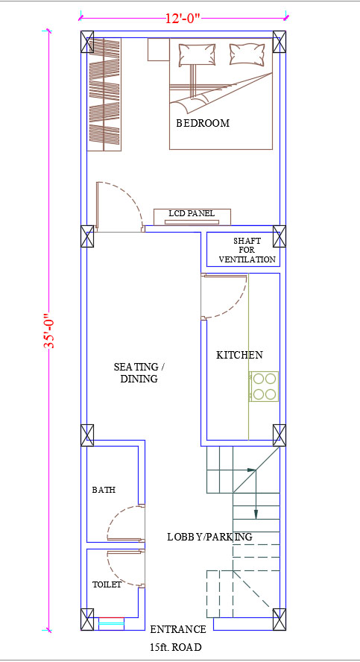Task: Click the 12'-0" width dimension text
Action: pos(183,19)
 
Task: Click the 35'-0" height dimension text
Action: pos(49,331)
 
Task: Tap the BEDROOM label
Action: pos(203,123)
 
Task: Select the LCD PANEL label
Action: pos(192,213)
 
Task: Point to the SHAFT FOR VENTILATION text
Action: pos(247,250)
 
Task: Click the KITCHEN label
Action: pos(239,355)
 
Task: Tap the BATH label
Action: pos(104,491)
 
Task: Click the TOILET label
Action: pos(107,584)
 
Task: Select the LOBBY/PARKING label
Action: pos(209,537)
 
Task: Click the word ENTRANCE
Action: pos(178,629)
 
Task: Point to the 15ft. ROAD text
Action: pos(175,647)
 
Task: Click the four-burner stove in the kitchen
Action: pos(264,386)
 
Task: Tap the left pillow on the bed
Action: pos(197,54)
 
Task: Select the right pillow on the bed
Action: pos(247,54)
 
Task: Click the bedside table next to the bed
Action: pos(158,50)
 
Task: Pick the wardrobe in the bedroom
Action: pos(104,94)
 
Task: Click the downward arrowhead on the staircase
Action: pos(256,514)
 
